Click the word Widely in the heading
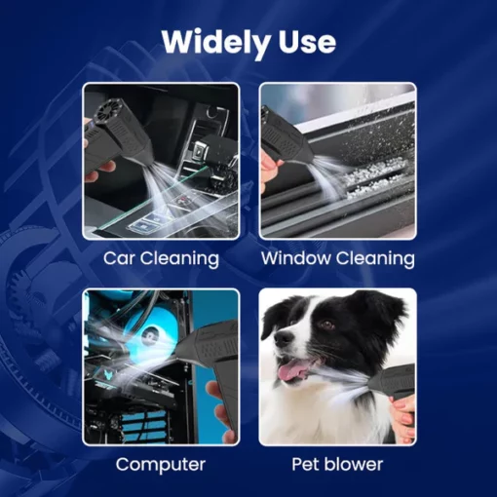coord(216,44)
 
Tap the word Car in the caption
coord(120,258)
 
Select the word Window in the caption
coord(296,258)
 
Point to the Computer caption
coord(161,465)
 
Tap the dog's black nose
coord(283,338)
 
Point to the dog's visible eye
coord(325,324)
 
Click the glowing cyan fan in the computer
coord(144,334)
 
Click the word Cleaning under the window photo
coord(375,259)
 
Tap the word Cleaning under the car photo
coord(179,259)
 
